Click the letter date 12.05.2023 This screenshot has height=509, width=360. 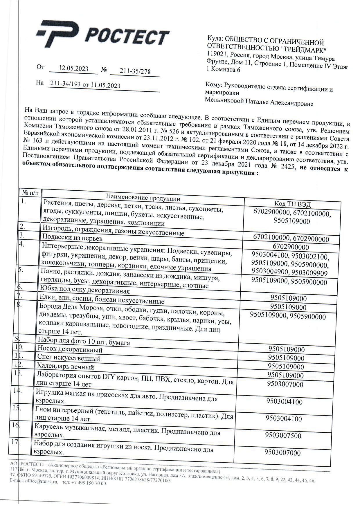(x=73, y=68)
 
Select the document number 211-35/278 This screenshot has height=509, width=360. (x=135, y=71)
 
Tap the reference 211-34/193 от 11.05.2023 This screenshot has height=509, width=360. (x=85, y=84)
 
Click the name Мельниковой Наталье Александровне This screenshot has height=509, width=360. (x=259, y=102)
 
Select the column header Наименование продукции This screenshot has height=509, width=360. (x=143, y=198)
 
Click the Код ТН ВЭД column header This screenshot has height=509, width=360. (x=292, y=204)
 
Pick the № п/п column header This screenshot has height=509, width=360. (x=30, y=193)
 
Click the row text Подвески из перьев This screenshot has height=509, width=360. (x=72, y=238)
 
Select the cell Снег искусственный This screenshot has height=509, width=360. (x=69, y=358)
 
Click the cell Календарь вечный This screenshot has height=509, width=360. (x=65, y=367)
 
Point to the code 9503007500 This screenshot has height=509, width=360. (x=283, y=435)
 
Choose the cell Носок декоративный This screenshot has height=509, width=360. (x=70, y=350)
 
